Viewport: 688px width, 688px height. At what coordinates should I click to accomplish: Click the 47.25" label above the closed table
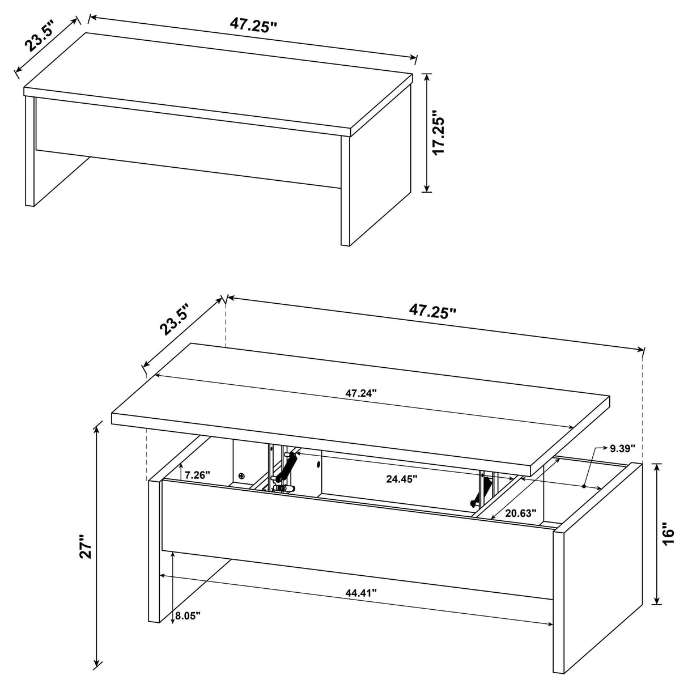point(253,24)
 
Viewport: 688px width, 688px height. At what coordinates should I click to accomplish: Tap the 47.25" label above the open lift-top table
point(432,311)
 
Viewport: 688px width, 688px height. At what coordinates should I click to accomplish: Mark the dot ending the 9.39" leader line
point(584,486)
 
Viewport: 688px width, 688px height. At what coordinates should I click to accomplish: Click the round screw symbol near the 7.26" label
point(243,476)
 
